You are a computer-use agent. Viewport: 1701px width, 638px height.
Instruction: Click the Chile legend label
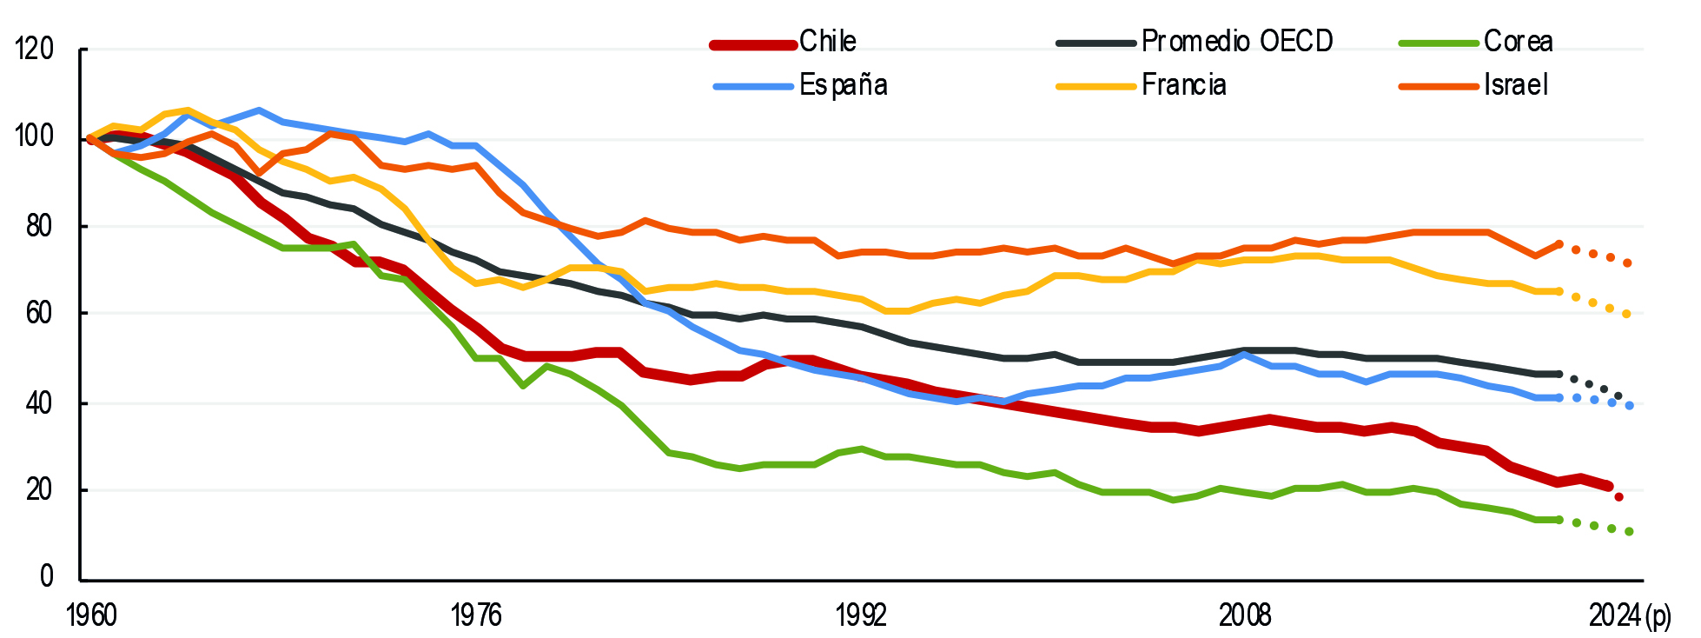pos(827,42)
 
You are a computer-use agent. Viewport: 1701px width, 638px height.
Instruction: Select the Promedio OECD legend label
pos(1236,42)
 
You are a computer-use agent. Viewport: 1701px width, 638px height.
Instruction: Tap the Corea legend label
pos(1518,42)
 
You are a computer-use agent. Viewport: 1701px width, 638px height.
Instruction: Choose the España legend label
pos(843,85)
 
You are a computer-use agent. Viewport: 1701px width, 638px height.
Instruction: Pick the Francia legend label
pos(1183,85)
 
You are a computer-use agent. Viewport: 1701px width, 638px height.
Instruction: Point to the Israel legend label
pos(1515,85)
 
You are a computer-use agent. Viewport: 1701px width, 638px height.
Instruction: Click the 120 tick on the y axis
pos(35,50)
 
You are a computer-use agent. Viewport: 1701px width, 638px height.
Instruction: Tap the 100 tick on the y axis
pos(35,137)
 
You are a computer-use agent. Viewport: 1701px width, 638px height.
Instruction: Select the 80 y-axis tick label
pos(40,226)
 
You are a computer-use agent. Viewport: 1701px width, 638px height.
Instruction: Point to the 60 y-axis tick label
pos(40,313)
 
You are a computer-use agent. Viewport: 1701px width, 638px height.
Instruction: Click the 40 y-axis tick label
pos(40,402)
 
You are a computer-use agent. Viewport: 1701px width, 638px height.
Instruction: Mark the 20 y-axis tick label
pos(40,490)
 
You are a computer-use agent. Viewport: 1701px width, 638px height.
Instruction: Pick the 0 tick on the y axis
pos(47,577)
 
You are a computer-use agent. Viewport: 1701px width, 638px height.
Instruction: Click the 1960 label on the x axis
pos(91,615)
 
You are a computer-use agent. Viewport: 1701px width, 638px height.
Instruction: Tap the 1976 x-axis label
pos(476,615)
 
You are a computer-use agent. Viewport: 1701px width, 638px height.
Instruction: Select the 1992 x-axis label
pos(861,615)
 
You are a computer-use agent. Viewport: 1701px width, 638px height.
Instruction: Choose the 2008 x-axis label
pos(1245,615)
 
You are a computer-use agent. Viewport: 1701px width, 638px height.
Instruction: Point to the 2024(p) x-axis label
pos(1630,615)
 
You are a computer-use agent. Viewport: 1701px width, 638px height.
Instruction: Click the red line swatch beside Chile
pos(753,44)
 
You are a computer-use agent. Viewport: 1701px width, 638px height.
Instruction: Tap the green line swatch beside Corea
pos(1438,43)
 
